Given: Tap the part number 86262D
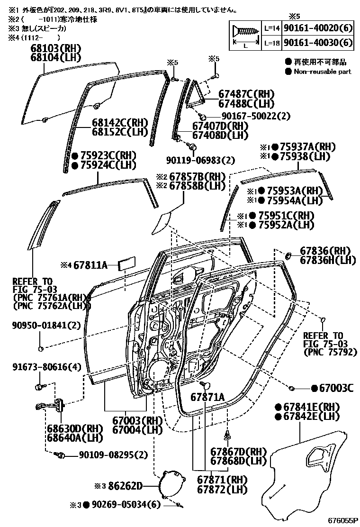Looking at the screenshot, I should point(125,485).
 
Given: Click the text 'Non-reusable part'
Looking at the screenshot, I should point(323,72).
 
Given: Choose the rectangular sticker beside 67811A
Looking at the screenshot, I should point(127,263).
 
